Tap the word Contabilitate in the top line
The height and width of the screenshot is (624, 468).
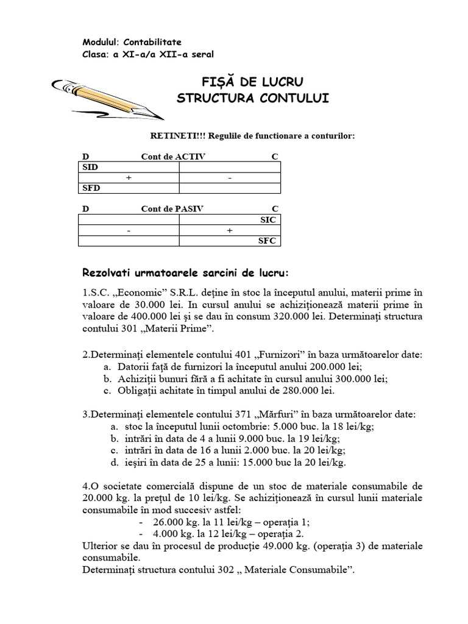pyautogui.click(x=152, y=42)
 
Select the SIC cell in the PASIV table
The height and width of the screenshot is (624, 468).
pyautogui.click(x=268, y=219)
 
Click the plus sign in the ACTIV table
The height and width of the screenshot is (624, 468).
pyautogui.click(x=129, y=177)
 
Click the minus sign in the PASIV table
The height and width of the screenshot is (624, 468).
pyautogui.click(x=129, y=230)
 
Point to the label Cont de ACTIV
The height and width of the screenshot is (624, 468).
pyautogui.click(x=173, y=157)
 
